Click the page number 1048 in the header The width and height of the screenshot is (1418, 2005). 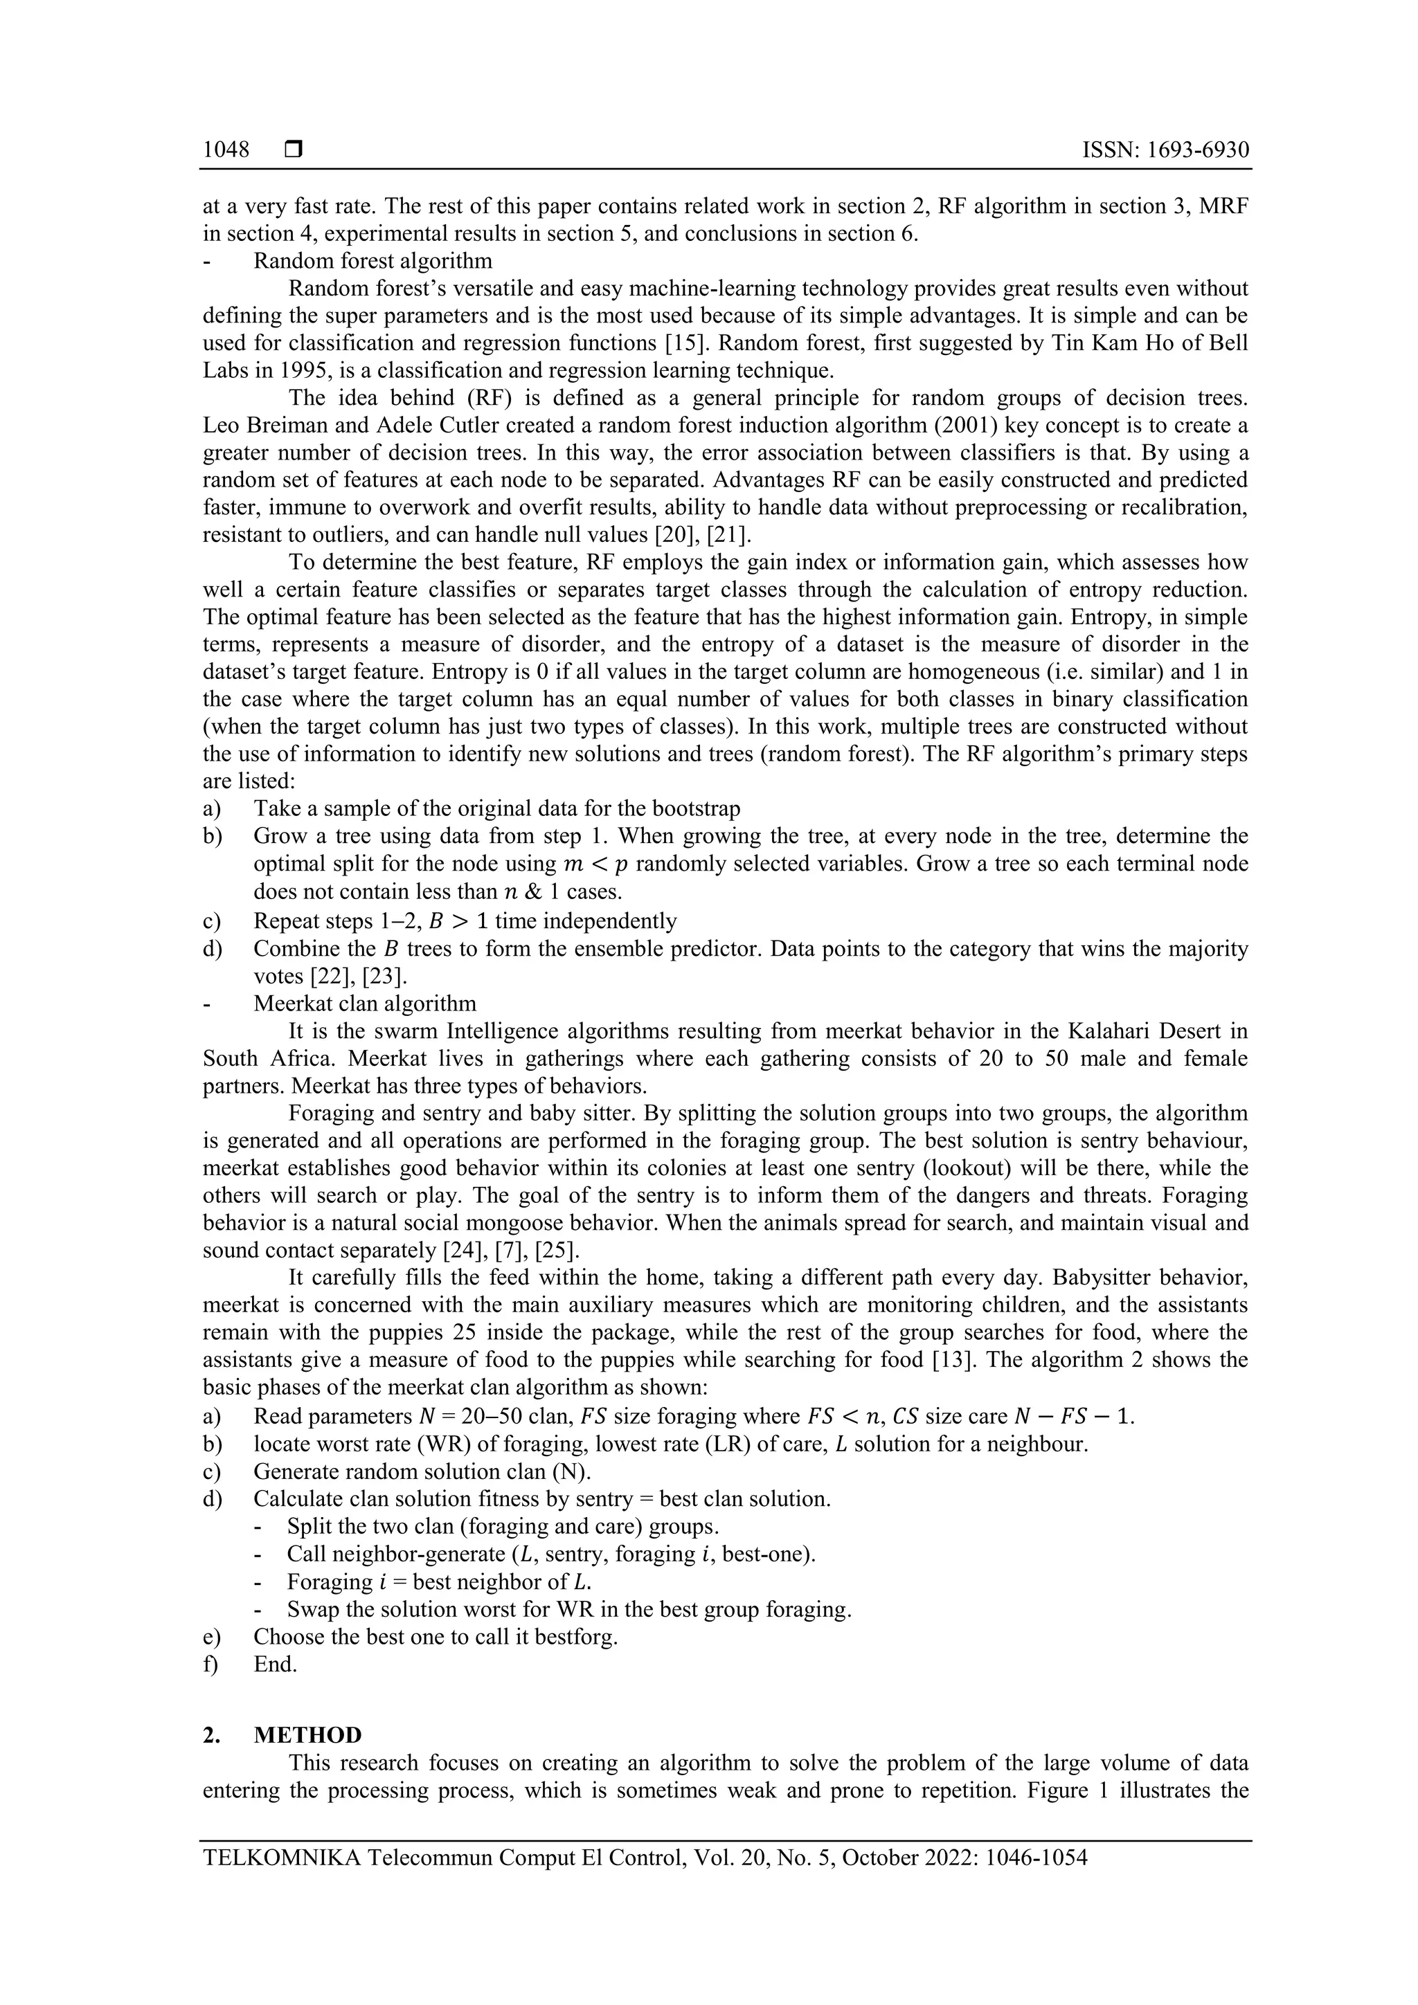click(x=226, y=150)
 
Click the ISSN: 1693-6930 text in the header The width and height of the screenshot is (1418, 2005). click(x=1165, y=150)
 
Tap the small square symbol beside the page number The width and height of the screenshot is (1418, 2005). click(x=294, y=150)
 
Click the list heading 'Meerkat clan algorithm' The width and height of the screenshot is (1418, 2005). click(x=365, y=1004)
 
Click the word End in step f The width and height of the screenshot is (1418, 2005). click(x=274, y=1664)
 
